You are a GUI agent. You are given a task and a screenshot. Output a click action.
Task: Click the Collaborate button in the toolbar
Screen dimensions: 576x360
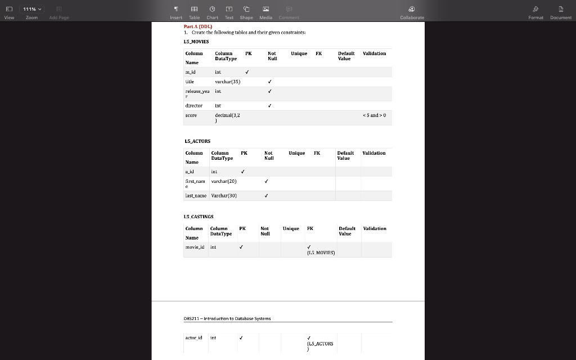pyautogui.click(x=412, y=12)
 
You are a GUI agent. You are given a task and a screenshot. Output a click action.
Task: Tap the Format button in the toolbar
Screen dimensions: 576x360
pyautogui.click(x=535, y=12)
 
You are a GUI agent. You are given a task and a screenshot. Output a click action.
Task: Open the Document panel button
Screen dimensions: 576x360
pyautogui.click(x=560, y=12)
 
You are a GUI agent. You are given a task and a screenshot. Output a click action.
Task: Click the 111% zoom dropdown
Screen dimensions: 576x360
pyautogui.click(x=32, y=9)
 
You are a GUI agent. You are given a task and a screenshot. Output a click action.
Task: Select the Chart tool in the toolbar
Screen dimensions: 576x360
pyautogui.click(x=212, y=12)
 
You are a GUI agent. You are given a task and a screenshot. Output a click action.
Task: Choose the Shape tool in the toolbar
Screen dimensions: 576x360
pyautogui.click(x=246, y=12)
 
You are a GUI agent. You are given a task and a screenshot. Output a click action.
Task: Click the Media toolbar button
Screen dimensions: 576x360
pyautogui.click(x=265, y=12)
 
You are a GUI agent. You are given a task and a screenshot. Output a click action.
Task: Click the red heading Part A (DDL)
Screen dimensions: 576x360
pyautogui.click(x=197, y=26)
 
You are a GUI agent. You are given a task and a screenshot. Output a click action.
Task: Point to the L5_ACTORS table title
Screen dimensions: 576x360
pyautogui.click(x=197, y=141)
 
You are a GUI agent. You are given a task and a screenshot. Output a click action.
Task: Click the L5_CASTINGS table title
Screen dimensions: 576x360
pyautogui.click(x=199, y=217)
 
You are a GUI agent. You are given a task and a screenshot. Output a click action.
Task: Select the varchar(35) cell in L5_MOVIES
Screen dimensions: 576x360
pyautogui.click(x=227, y=82)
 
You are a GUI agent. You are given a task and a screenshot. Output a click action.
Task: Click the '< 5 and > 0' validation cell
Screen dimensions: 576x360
pyautogui.click(x=374, y=115)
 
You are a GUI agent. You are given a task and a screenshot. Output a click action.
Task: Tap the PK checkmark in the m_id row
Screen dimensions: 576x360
pyautogui.click(x=247, y=72)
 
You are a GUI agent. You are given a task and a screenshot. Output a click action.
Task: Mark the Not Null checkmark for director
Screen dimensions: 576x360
pyautogui.click(x=270, y=105)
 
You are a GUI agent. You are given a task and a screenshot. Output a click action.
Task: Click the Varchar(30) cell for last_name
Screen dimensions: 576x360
pyautogui.click(x=224, y=196)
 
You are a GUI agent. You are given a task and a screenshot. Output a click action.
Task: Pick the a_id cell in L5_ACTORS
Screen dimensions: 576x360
pyautogui.click(x=190, y=172)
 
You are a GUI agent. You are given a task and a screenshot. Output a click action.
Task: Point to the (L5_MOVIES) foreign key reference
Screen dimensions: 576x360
pyautogui.click(x=321, y=253)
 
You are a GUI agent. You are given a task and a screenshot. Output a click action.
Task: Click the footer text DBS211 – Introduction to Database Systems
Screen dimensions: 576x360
pyautogui.click(x=227, y=318)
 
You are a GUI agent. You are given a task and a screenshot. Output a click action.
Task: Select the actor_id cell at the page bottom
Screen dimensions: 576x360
pyautogui.click(x=193, y=338)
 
